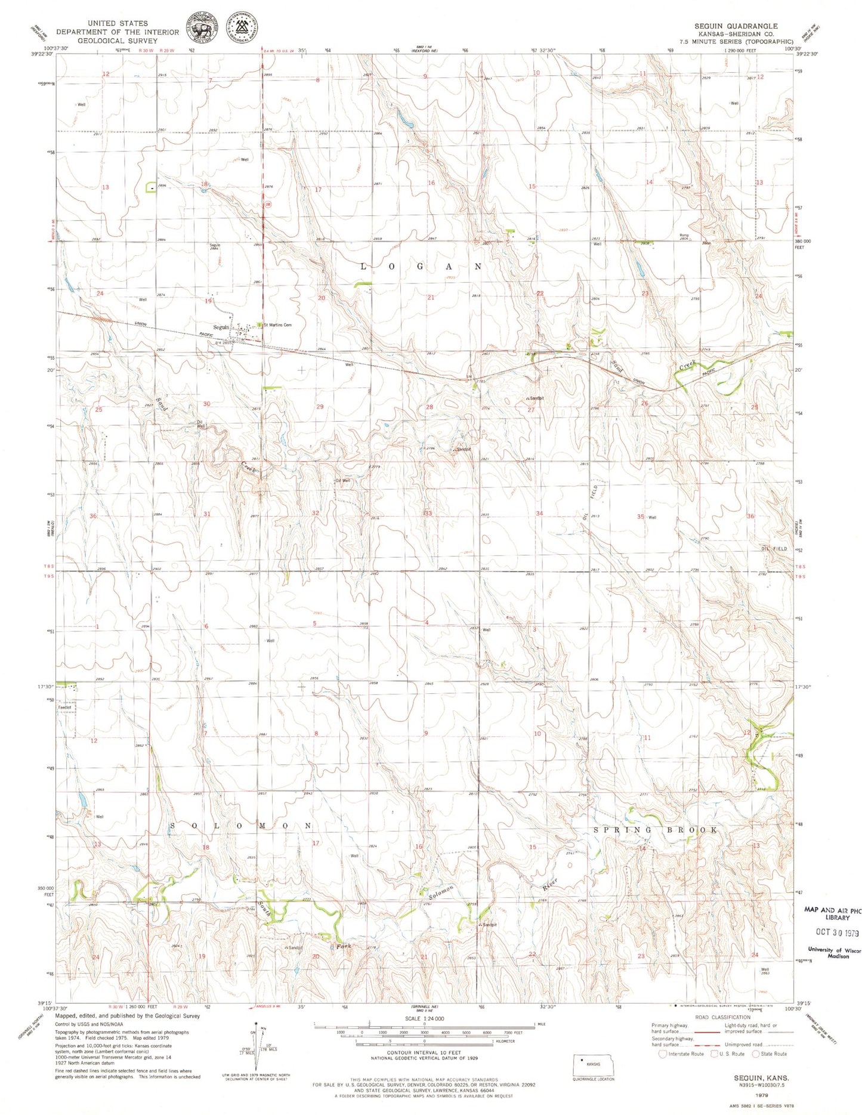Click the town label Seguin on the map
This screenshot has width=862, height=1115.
click(221, 327)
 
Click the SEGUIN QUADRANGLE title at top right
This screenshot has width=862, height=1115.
click(736, 26)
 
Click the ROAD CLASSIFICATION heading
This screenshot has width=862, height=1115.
click(722, 1017)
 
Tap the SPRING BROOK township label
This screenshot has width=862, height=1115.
click(655, 830)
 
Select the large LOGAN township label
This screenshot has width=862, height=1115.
click(421, 267)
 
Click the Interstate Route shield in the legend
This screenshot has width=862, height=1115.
click(662, 1054)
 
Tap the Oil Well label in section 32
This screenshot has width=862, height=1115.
click(343, 480)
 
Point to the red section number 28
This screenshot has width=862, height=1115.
click(429, 407)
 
